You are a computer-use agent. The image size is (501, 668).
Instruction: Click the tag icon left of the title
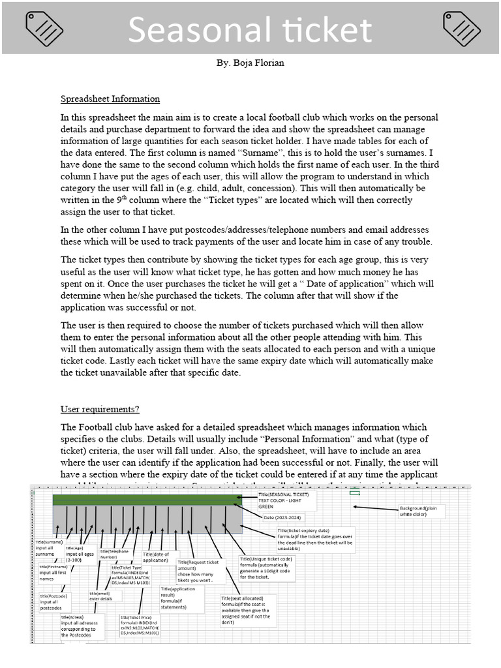(44, 28)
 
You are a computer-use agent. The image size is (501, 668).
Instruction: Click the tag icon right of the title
(461, 28)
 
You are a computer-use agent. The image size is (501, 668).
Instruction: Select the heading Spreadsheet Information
(110, 99)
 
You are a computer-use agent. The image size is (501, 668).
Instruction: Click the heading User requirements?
(100, 409)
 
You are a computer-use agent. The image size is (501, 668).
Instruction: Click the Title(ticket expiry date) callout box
(316, 539)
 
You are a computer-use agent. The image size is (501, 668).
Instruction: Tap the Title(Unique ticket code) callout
(267, 568)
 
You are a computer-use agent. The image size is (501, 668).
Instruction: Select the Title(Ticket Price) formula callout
(140, 624)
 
